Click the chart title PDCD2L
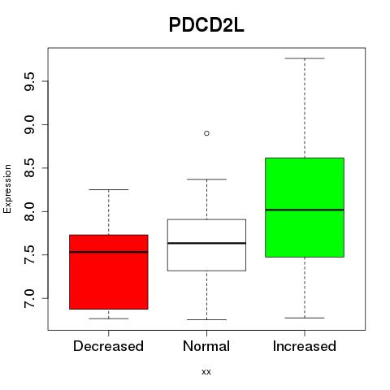tap(206, 25)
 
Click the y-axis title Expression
tap(7, 188)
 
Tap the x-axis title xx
tap(206, 372)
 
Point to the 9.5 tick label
tap(29, 81)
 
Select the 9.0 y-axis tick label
tap(29, 124)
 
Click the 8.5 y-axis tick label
tap(29, 168)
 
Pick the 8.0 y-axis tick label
tap(29, 211)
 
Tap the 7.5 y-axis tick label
tap(29, 255)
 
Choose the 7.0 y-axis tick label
tap(29, 298)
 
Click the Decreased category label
tap(108, 346)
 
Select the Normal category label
tap(206, 346)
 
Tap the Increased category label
tap(305, 346)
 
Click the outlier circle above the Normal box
tap(206, 133)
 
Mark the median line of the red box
tap(109, 252)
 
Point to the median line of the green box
tap(305, 210)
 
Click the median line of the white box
tap(206, 243)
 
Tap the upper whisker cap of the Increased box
tap(305, 58)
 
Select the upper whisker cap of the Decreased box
tap(109, 189)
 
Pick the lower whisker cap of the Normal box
tap(206, 319)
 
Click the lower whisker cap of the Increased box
tap(305, 318)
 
